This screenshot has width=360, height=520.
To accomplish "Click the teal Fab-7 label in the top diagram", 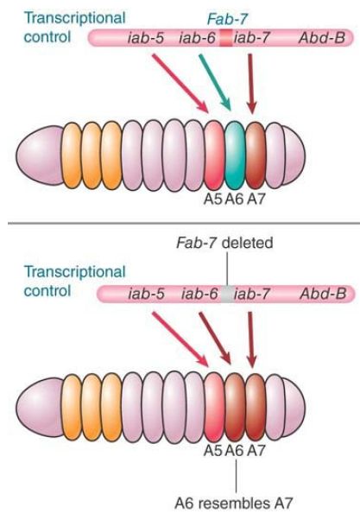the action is click(227, 19).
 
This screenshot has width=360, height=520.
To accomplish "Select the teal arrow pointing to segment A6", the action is click(214, 82).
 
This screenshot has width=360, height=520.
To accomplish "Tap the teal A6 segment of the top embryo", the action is click(235, 155).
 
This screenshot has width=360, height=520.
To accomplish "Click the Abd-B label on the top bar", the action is click(322, 38).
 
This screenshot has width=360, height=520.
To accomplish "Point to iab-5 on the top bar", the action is click(146, 38).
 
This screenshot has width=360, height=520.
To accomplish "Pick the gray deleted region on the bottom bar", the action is click(227, 294).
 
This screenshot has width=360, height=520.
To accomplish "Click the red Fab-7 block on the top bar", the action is click(226, 38).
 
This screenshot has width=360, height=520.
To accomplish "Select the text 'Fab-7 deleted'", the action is click(224, 243).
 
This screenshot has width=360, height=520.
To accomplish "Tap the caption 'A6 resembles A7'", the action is click(234, 503).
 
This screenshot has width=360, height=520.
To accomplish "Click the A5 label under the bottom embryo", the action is click(213, 450).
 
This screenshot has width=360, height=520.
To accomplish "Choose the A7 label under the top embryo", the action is click(256, 199).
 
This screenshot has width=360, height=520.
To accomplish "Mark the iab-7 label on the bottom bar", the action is click(252, 295).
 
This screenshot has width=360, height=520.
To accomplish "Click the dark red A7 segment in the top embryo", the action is click(256, 155).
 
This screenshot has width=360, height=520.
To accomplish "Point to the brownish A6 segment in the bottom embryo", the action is click(235, 407).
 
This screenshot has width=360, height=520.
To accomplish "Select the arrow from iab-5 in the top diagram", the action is click(180, 83).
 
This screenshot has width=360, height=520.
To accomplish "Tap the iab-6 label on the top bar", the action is click(197, 38).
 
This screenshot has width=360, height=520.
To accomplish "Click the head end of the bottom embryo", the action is click(40, 407).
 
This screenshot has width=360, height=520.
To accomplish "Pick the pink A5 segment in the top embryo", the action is click(214, 155).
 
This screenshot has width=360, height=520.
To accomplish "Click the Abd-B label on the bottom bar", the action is click(323, 295).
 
